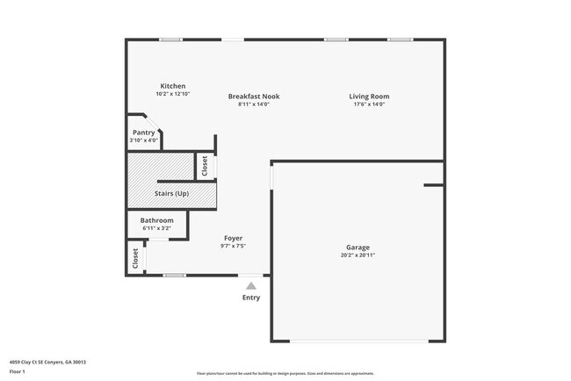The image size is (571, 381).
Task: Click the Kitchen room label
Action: pyautogui.click(x=172, y=86)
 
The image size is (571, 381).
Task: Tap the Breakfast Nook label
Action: pyautogui.click(x=253, y=97)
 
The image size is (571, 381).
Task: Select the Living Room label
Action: pyautogui.click(x=368, y=97)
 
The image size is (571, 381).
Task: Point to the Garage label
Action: pyautogui.click(x=358, y=248)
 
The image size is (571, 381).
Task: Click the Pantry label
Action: pyautogui.click(x=144, y=133)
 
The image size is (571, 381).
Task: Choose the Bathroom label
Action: pyautogui.click(x=156, y=220)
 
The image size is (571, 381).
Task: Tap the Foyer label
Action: pyautogui.click(x=233, y=238)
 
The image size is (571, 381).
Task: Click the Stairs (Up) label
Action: pyautogui.click(x=171, y=193)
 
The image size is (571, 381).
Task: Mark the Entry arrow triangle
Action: pyautogui.click(x=251, y=284)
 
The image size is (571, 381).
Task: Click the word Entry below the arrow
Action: pyautogui.click(x=251, y=298)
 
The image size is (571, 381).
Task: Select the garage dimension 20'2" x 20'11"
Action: pyautogui.click(x=358, y=255)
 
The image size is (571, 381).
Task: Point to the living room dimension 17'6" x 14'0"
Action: pyautogui.click(x=368, y=104)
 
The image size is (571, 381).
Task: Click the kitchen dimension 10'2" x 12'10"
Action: pyautogui.click(x=172, y=94)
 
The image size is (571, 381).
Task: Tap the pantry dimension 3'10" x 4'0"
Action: pyautogui.click(x=144, y=140)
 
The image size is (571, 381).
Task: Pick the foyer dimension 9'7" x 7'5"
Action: pyautogui.click(x=233, y=246)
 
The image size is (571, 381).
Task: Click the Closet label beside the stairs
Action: pyautogui.click(x=205, y=166)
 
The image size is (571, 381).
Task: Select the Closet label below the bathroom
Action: pyautogui.click(x=135, y=258)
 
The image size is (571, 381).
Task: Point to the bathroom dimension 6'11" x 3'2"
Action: pyautogui.click(x=156, y=228)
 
